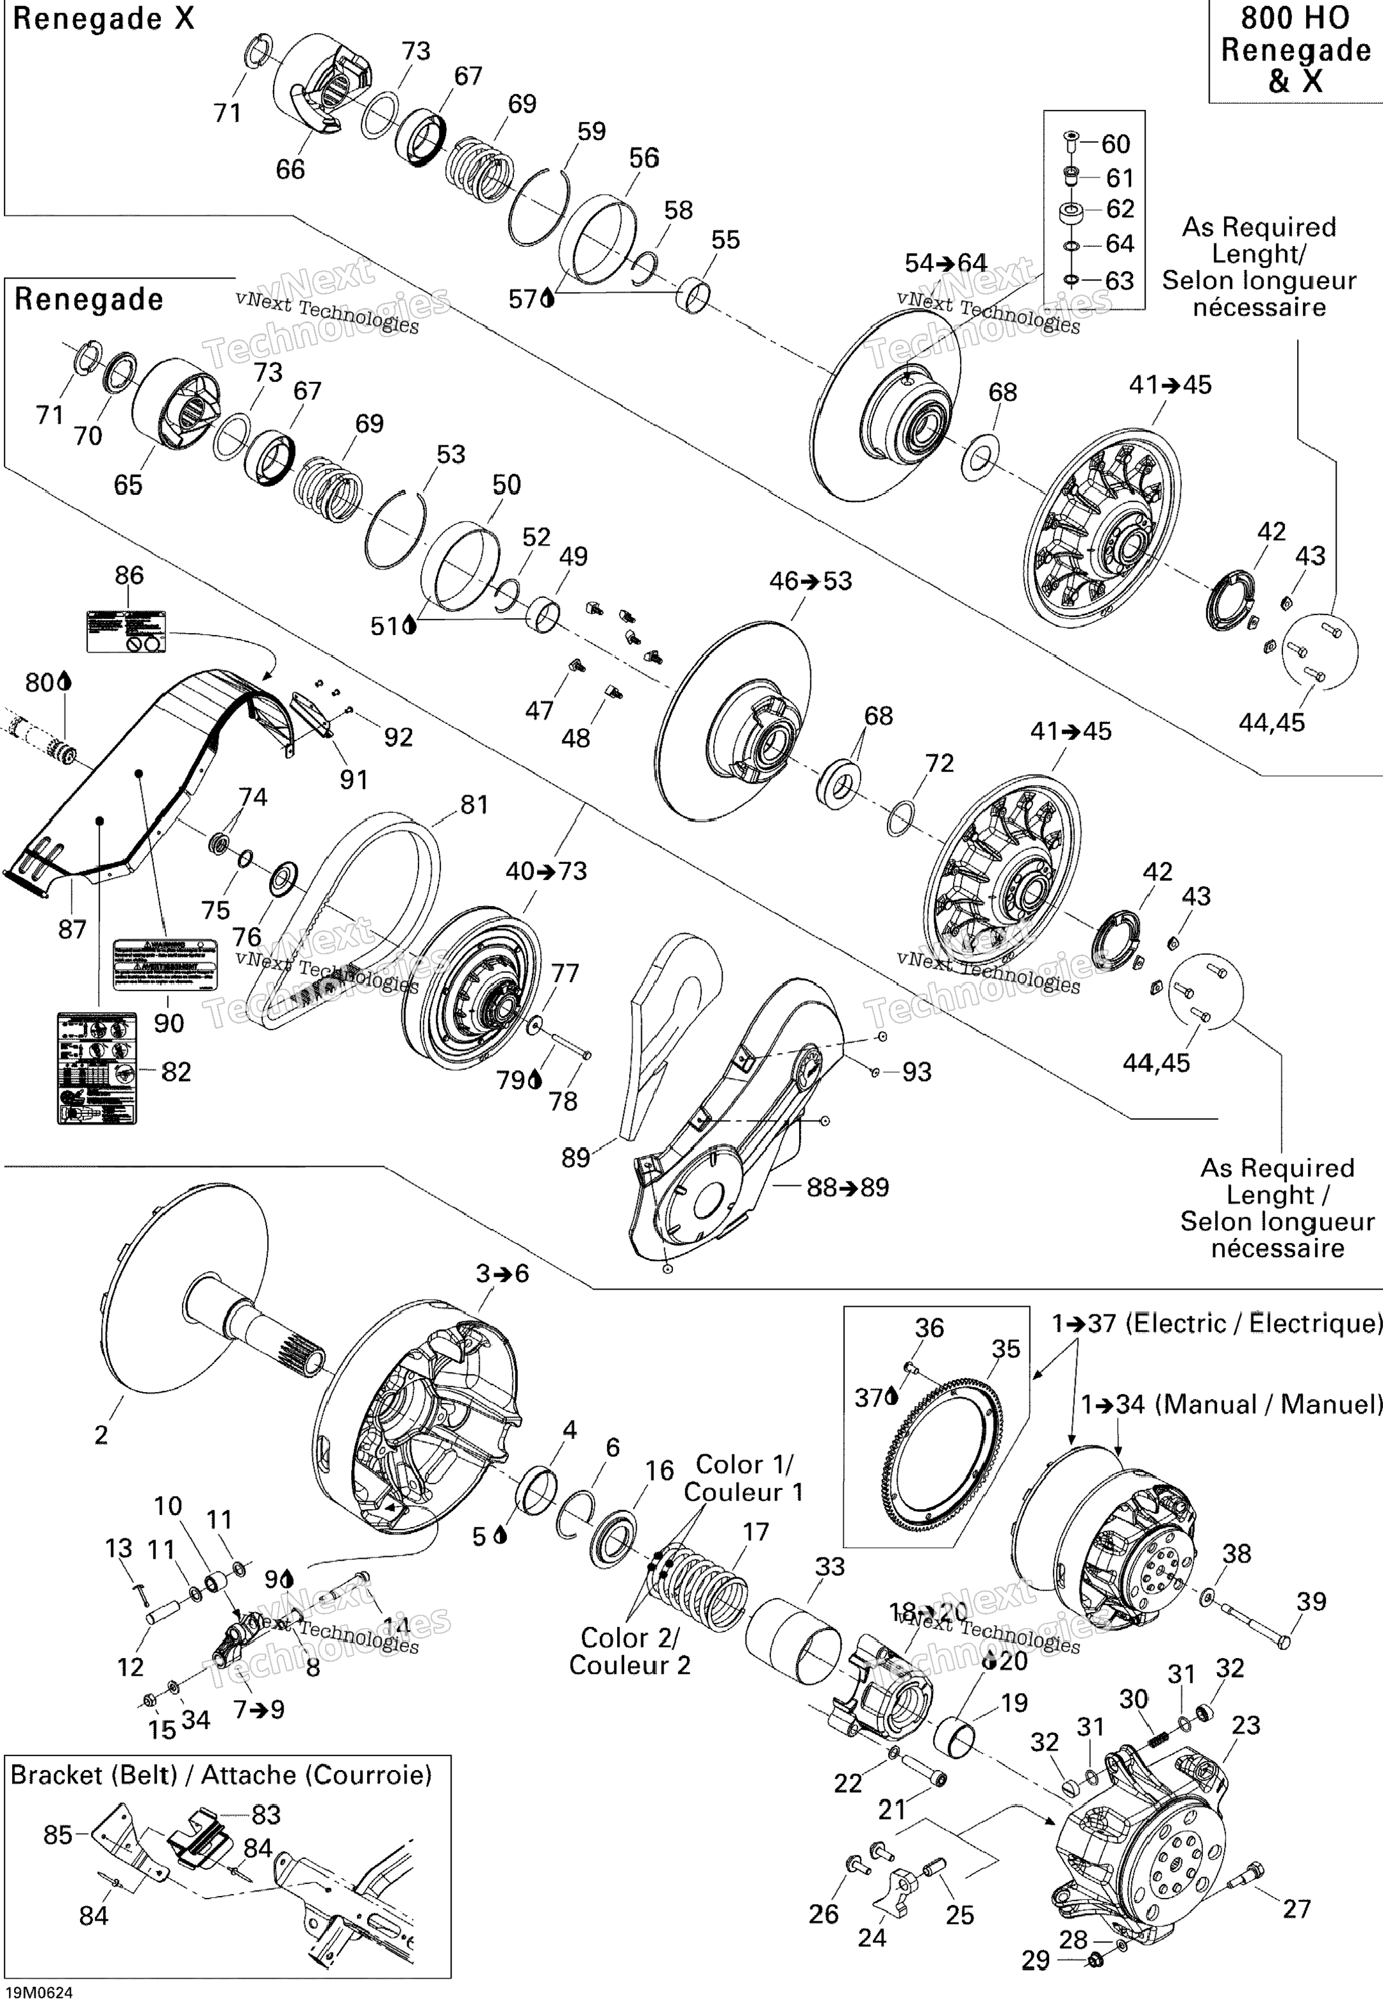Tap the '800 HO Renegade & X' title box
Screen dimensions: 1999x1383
[1295, 50]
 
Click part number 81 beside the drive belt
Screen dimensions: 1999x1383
[474, 805]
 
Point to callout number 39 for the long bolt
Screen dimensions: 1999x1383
[1310, 1601]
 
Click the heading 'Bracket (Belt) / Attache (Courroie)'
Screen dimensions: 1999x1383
[221, 1776]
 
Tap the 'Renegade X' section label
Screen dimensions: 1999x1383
[103, 19]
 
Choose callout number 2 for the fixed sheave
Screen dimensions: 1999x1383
[101, 1434]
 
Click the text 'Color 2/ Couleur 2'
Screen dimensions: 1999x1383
[630, 1652]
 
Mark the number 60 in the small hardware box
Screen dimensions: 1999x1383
[1115, 144]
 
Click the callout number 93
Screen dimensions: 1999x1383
[917, 1072]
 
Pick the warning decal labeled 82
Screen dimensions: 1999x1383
[97, 1069]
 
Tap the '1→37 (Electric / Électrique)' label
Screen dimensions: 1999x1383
[1216, 1323]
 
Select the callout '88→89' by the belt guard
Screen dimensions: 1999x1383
[847, 1187]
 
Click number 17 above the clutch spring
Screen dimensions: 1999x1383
[756, 1532]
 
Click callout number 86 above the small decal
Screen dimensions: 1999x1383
[129, 575]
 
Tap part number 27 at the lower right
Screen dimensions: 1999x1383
[1296, 1908]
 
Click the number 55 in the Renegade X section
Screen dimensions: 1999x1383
[725, 240]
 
